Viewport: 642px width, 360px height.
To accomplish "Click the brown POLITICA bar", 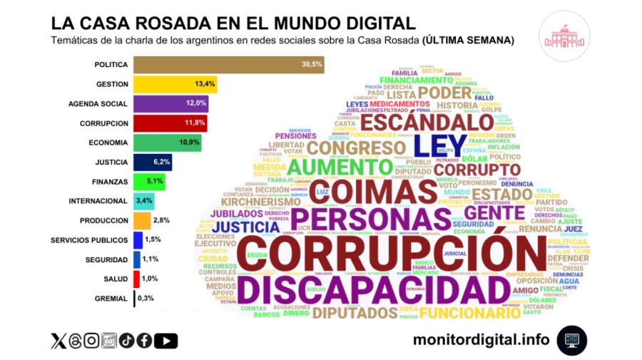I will pyautogui.click(x=228, y=65).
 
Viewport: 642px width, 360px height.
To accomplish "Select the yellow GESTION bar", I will pyautogui.click(x=175, y=84).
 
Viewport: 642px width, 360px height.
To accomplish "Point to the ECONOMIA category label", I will pyautogui.click(x=108, y=143).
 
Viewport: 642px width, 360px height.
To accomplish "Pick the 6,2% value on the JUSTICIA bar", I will pyautogui.click(x=161, y=162).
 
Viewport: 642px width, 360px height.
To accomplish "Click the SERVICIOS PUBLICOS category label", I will pyautogui.click(x=89, y=240).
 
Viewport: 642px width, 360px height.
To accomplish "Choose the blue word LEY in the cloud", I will pyautogui.click(x=441, y=145).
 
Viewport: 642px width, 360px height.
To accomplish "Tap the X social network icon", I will pyautogui.click(x=58, y=341).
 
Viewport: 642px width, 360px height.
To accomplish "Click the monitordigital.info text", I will pyautogui.click(x=481, y=340).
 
